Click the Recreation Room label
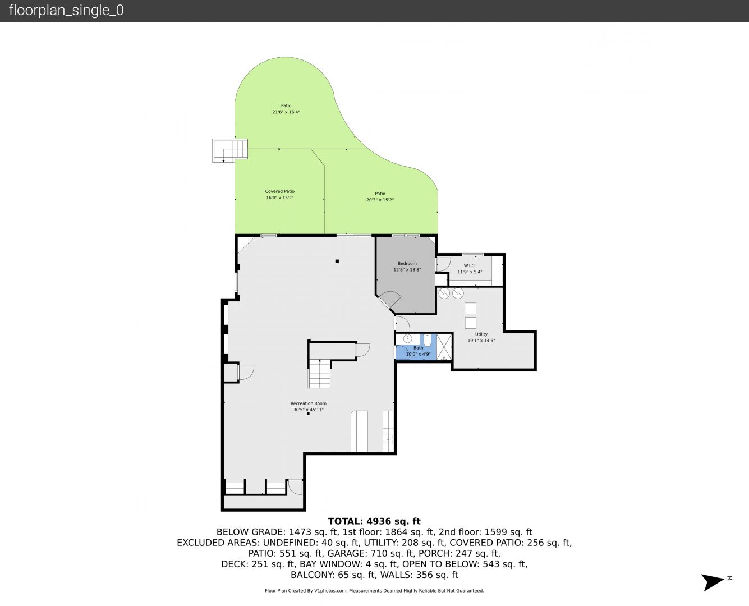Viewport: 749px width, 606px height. (x=309, y=403)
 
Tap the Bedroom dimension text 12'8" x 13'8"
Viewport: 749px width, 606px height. (x=407, y=270)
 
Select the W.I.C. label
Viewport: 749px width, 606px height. (x=470, y=265)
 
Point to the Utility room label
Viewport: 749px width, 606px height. (x=481, y=334)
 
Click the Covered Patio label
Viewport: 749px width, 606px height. (x=279, y=191)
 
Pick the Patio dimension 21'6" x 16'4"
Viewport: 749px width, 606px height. (x=286, y=112)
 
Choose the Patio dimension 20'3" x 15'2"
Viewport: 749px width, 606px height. (x=380, y=200)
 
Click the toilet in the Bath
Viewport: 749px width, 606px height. (x=428, y=340)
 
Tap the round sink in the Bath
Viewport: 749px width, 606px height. (x=407, y=339)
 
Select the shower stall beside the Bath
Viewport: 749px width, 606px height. (x=444, y=347)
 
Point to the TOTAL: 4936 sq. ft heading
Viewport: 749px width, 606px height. (x=374, y=521)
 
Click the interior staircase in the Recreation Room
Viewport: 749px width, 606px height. (x=320, y=374)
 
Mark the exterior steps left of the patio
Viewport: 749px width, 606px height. (x=230, y=150)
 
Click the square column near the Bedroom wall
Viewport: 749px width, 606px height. (x=337, y=261)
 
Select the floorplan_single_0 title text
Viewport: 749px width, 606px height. (x=66, y=11)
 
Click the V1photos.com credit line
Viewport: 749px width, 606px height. (x=374, y=590)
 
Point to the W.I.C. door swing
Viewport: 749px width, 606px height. (x=444, y=264)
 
